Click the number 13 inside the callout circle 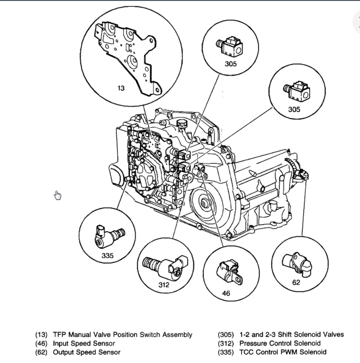coord(121,88)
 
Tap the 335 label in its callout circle coord(107,256)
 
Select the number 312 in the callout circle coord(164,284)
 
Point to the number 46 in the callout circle coord(226,293)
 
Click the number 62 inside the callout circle coord(296,281)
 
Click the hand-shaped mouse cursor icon coord(58,195)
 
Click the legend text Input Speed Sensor coord(84,343)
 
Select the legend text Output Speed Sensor coord(87,352)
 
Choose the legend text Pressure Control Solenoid coord(280,343)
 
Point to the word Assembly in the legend coord(178,335)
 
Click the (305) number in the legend coord(225,335)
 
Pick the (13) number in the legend coord(41,335)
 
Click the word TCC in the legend coord(246,352)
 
